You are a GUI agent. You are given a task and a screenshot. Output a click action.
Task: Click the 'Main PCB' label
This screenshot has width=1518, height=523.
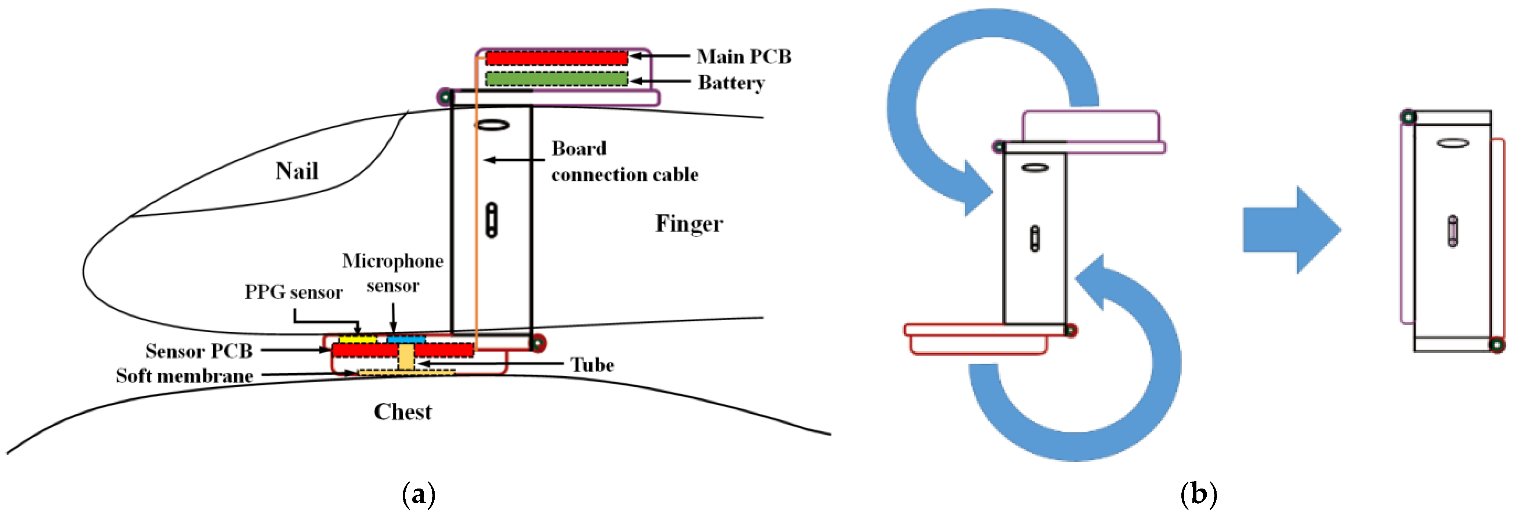pos(744,56)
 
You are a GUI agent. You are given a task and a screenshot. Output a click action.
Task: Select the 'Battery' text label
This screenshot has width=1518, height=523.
pos(731,83)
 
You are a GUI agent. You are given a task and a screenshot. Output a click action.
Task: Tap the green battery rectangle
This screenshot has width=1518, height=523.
pos(556,79)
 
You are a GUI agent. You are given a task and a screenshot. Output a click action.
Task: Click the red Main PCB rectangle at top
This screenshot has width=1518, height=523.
pos(556,58)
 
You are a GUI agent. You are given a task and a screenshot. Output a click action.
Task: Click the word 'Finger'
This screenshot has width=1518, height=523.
pos(689,224)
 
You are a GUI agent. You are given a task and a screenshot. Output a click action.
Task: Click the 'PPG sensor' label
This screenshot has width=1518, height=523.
pos(293,292)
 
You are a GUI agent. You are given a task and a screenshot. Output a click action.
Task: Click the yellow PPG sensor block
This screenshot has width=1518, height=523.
pos(357,340)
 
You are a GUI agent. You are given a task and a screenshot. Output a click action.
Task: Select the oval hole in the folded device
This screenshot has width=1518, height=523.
pos(1453,143)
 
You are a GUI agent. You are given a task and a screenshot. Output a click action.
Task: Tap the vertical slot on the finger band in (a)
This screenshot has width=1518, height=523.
pos(492,220)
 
